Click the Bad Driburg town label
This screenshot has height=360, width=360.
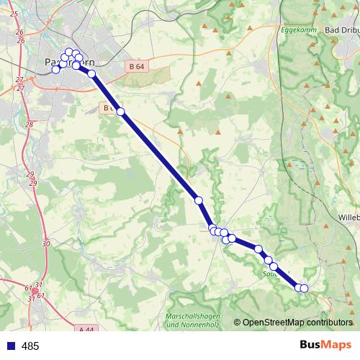342,30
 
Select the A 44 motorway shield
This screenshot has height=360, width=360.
86,329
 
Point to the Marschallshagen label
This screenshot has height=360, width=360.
190,318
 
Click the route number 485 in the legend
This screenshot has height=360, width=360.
30,346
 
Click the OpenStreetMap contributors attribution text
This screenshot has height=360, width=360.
297,322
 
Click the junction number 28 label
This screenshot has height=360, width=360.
30,125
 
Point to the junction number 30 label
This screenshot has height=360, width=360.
46,244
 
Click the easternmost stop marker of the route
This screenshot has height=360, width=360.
304,289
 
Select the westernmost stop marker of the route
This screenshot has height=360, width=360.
55,69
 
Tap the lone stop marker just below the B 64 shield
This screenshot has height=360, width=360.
120,111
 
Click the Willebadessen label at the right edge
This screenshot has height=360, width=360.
348,216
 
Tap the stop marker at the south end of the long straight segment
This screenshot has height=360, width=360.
199,199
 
